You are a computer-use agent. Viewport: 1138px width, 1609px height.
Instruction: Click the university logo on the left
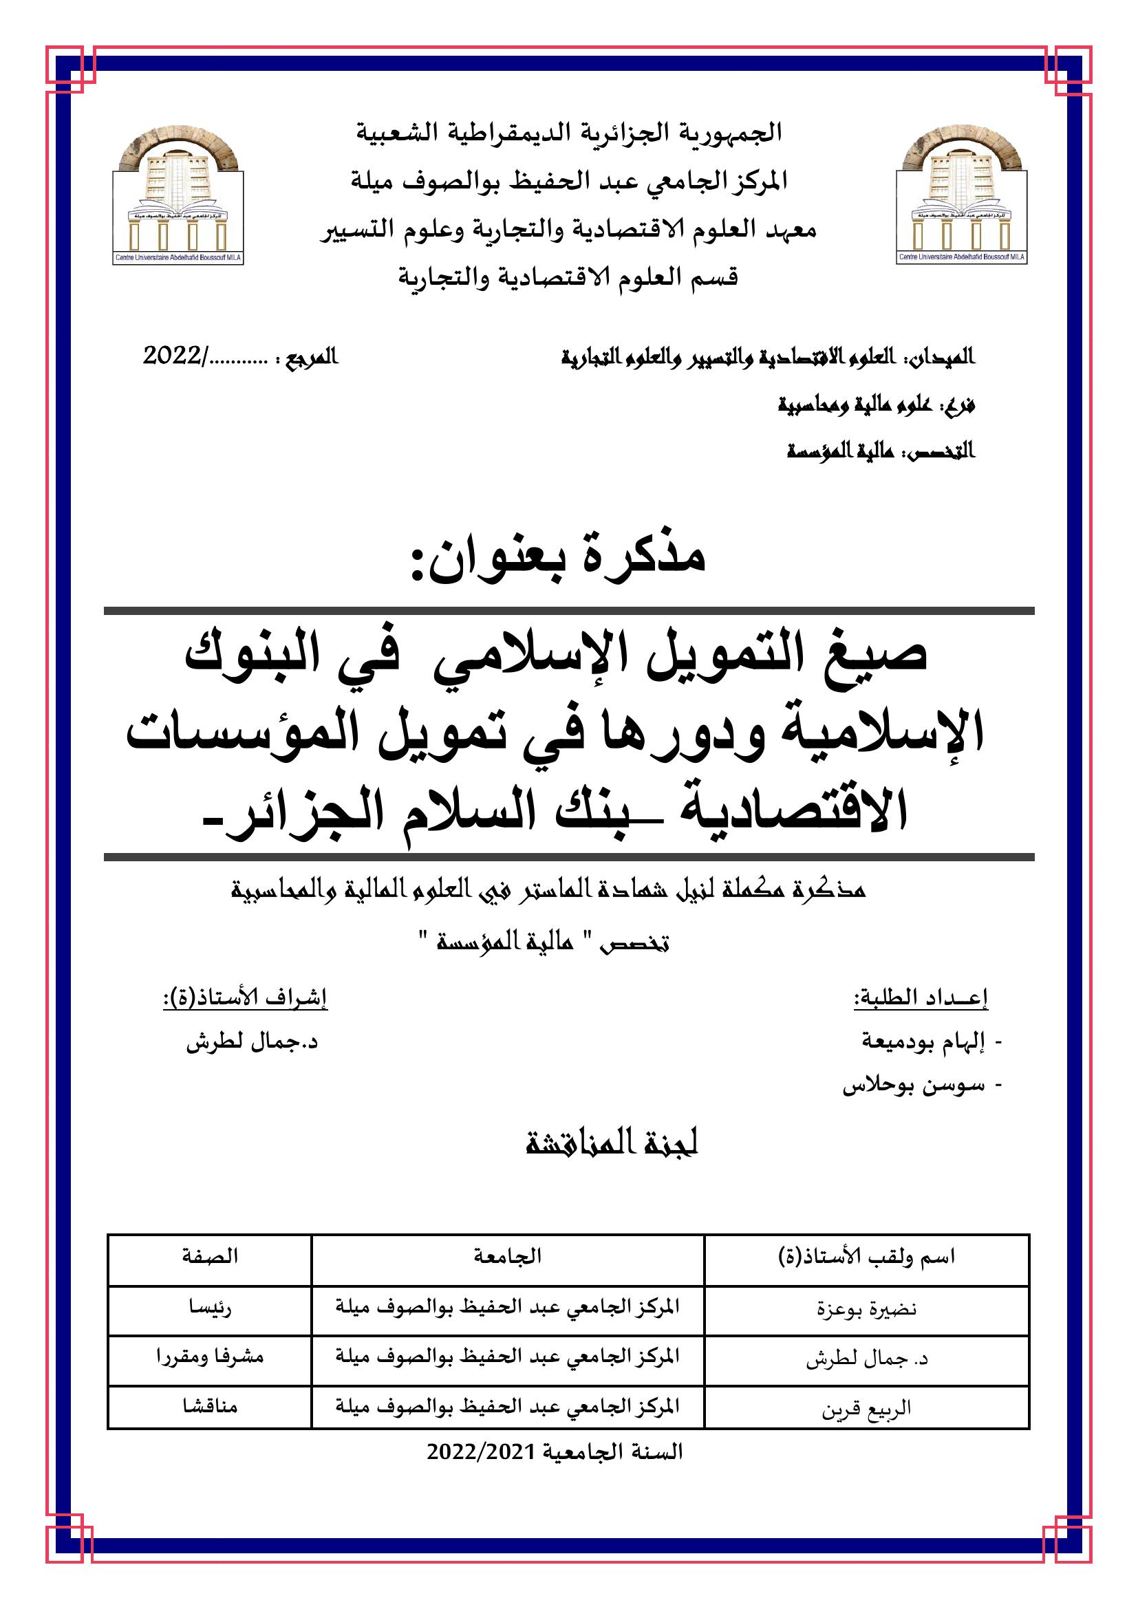click(x=178, y=195)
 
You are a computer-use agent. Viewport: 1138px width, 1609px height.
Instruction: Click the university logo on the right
click(x=961, y=195)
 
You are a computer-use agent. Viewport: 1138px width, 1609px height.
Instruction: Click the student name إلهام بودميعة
click(x=923, y=1042)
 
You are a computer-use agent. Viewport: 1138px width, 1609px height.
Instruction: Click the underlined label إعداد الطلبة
click(x=920, y=998)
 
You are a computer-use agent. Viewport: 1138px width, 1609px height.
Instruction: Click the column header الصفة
click(x=210, y=1257)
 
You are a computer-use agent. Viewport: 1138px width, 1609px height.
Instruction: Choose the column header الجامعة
click(x=507, y=1257)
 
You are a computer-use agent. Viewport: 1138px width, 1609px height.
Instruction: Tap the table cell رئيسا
click(x=210, y=1308)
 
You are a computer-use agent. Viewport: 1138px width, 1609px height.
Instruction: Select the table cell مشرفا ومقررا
click(x=210, y=1357)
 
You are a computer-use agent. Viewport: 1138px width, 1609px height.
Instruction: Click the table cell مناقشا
click(x=210, y=1407)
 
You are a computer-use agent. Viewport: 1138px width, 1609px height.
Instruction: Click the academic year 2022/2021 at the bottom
click(x=555, y=1452)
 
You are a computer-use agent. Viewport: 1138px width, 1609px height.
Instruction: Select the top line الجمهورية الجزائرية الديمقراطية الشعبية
click(x=569, y=133)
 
